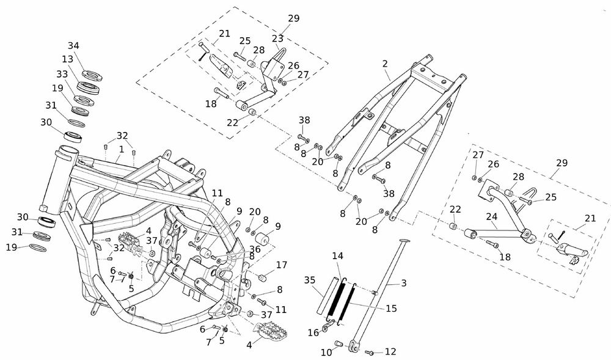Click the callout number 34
[x=73, y=46]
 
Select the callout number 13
[x=67, y=59]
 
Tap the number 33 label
[x=62, y=74]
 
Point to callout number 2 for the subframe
[x=385, y=64]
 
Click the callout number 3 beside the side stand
[x=403, y=283]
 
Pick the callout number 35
[x=310, y=281]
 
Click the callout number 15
[x=391, y=309]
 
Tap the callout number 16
[x=313, y=333]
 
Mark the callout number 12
[x=390, y=351]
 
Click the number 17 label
[x=281, y=265]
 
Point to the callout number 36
[x=255, y=249]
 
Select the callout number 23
[x=278, y=37]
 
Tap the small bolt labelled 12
[x=369, y=353]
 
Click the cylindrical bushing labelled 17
[x=263, y=279]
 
